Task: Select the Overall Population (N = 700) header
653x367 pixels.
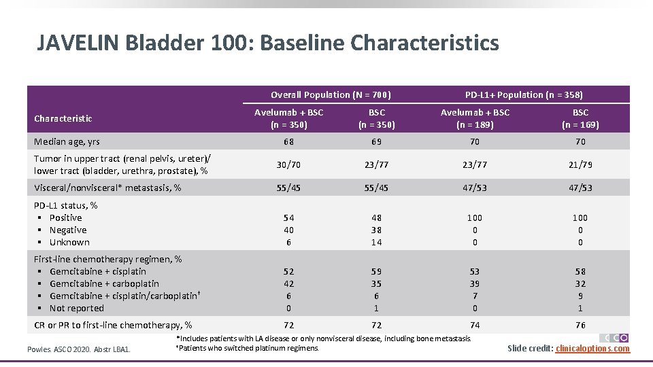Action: tap(331, 94)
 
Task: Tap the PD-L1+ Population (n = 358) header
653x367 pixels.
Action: tap(524, 94)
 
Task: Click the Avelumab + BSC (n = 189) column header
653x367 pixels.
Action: tap(475, 118)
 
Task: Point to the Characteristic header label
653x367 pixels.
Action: tap(63, 118)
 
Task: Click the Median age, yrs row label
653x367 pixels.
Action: tap(67, 141)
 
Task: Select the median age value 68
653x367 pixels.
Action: tap(288, 141)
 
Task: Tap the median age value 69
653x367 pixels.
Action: tap(376, 141)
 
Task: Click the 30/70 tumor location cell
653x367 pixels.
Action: tap(288, 164)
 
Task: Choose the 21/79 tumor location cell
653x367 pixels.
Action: tap(580, 164)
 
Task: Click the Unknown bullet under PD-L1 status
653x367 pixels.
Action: tap(69, 242)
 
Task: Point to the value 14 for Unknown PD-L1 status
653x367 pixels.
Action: tap(376, 242)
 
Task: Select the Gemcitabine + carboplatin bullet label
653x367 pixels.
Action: tap(104, 283)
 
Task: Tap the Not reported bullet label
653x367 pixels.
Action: tap(77, 308)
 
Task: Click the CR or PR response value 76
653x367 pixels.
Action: tap(580, 325)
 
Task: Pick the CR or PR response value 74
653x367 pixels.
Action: tap(475, 325)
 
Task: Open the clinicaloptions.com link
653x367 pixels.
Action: tap(592, 349)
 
